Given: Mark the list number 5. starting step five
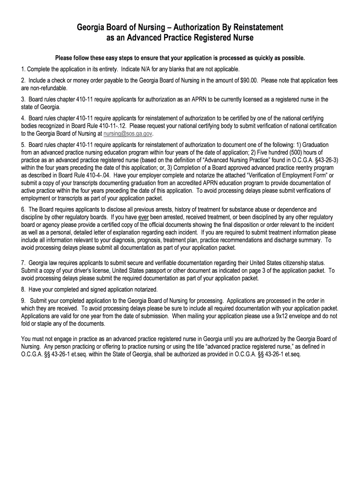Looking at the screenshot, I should pyautogui.click(x=23, y=146).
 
